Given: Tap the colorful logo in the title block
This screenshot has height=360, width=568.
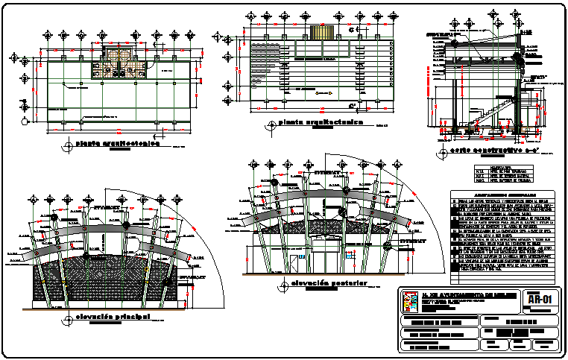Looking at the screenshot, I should (410, 301).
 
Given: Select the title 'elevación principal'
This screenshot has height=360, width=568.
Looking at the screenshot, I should (113, 318).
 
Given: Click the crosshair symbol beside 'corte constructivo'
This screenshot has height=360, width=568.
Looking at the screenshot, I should (443, 154).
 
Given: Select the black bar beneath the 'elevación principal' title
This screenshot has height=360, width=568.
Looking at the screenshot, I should (113, 324).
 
